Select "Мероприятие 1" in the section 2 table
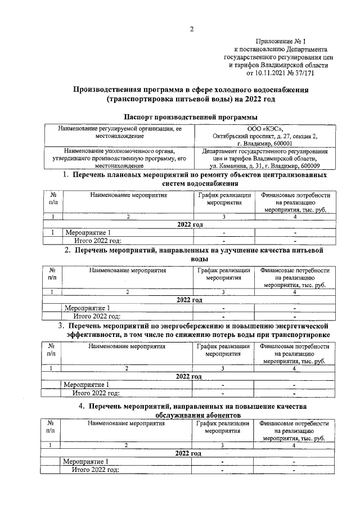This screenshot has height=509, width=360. [87, 308]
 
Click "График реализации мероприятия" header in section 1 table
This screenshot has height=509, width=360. [223, 199]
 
